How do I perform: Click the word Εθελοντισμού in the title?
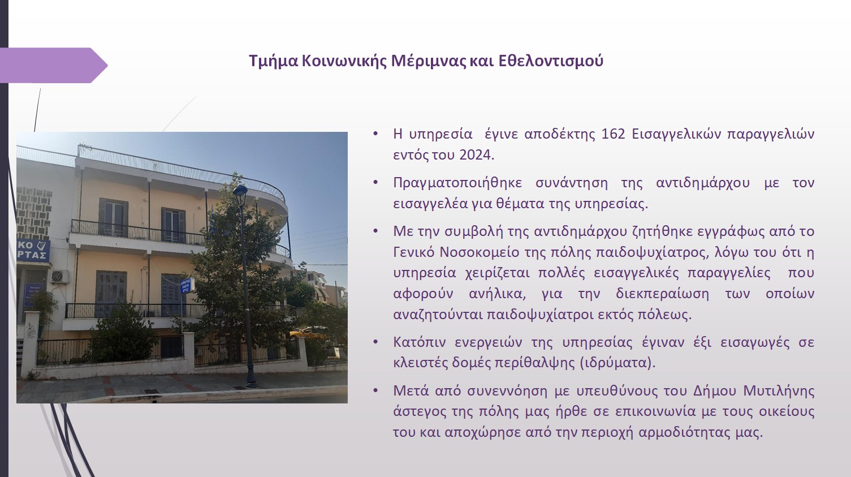pyautogui.click(x=551, y=61)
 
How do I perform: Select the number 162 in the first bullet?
pyautogui.click(x=613, y=134)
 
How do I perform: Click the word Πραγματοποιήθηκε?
pyautogui.click(x=457, y=183)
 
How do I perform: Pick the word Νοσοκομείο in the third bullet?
pyautogui.click(x=480, y=252)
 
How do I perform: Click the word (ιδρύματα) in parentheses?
pyautogui.click(x=617, y=363)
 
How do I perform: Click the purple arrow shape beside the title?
pyautogui.click(x=54, y=66)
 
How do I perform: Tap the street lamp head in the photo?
pyautogui.click(x=240, y=191)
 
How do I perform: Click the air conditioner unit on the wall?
pyautogui.click(x=59, y=276)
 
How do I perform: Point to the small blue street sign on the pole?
pyautogui.click(x=187, y=285)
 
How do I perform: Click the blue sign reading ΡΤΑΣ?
pyautogui.click(x=33, y=250)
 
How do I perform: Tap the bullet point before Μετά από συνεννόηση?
pyautogui.click(x=375, y=391)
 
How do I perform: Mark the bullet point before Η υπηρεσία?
pyautogui.click(x=375, y=134)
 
